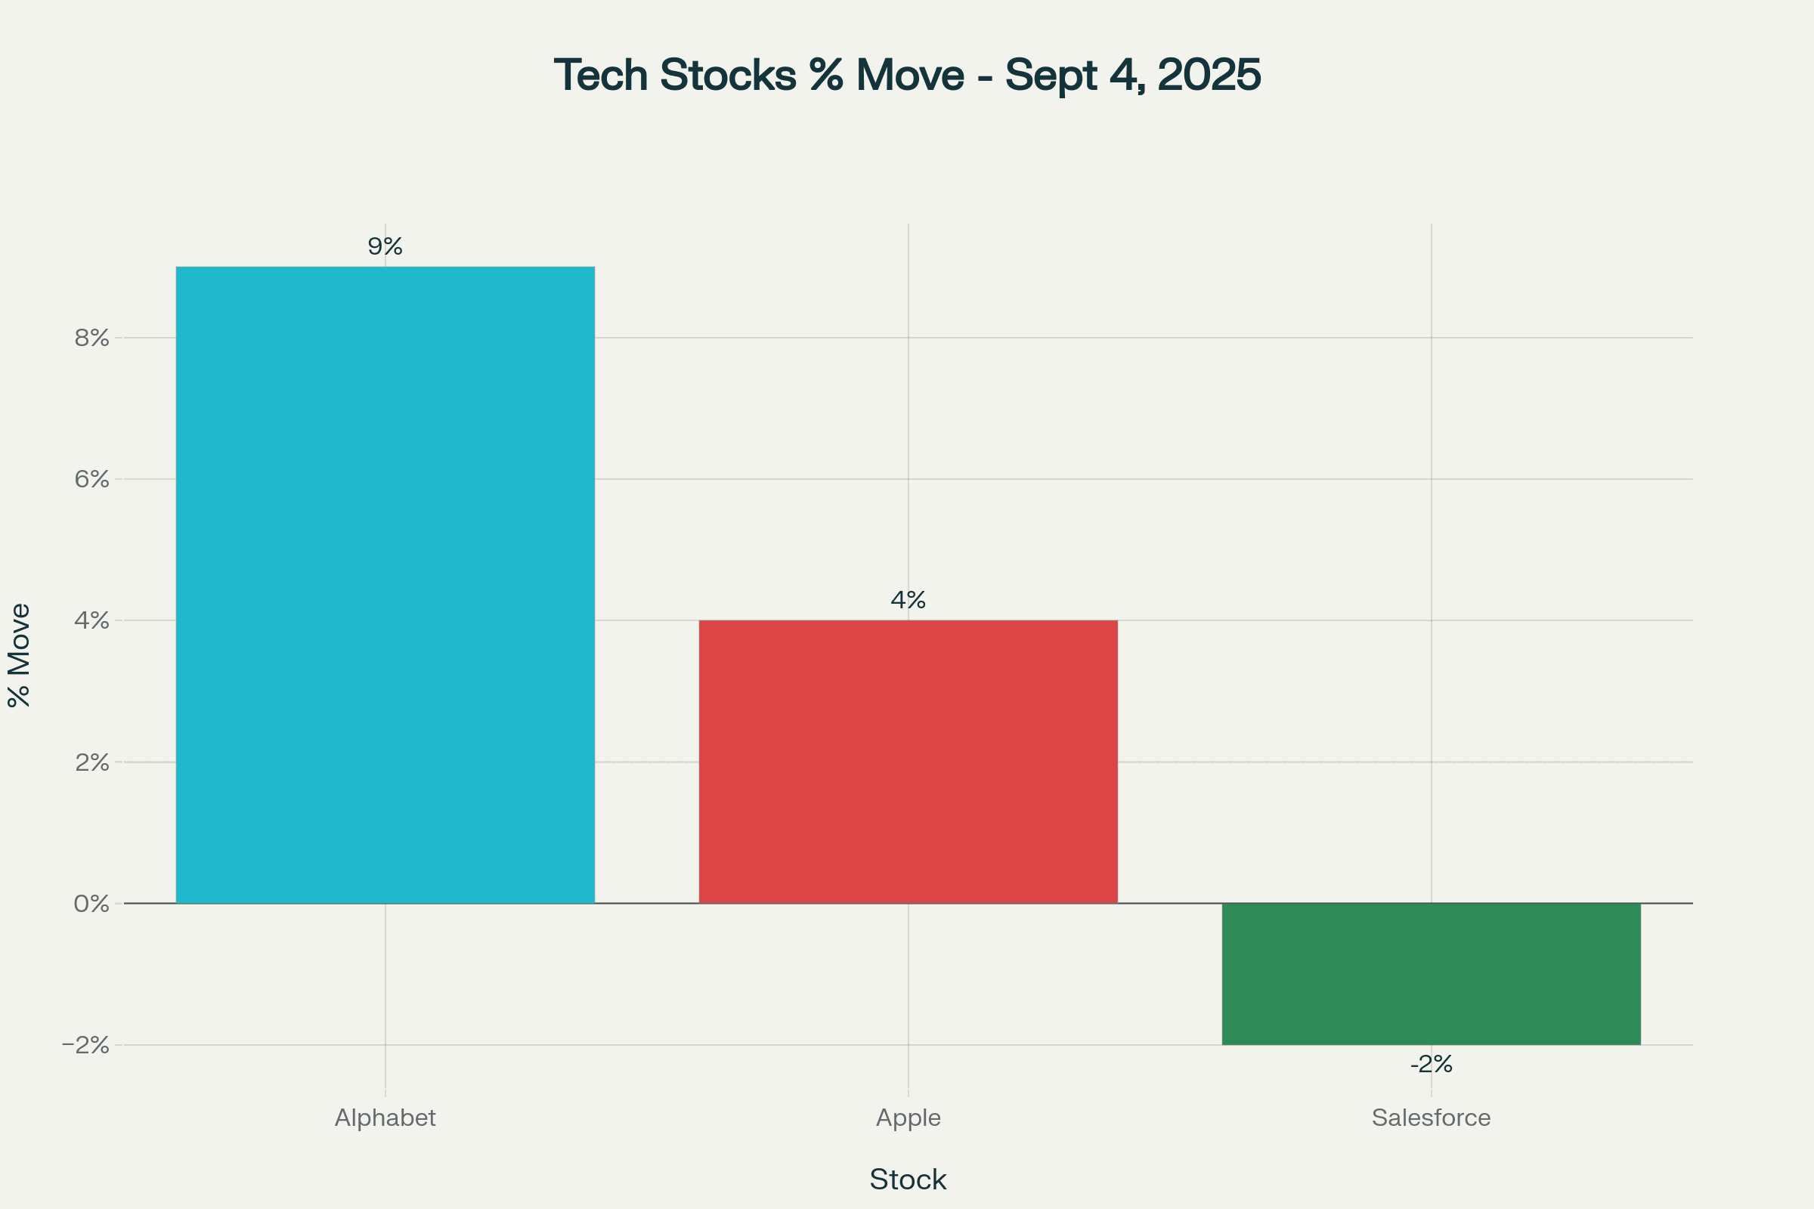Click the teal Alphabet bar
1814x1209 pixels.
pyautogui.click(x=385, y=584)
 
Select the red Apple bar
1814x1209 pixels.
pyautogui.click(x=908, y=762)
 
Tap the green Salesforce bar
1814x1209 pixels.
pyautogui.click(x=1431, y=974)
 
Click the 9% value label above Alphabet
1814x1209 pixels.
pyautogui.click(x=385, y=247)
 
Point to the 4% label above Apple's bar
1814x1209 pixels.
pyautogui.click(x=908, y=600)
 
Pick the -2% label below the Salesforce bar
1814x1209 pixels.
pyautogui.click(x=1432, y=1065)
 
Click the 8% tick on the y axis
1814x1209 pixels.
pyautogui.click(x=91, y=338)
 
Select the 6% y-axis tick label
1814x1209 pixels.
pyautogui.click(x=91, y=480)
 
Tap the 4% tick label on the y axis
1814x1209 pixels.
pyautogui.click(x=91, y=620)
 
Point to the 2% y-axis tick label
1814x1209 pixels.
pyautogui.click(x=91, y=762)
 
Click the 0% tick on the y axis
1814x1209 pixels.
pyautogui.click(x=91, y=904)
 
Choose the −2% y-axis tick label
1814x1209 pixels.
pyautogui.click(x=85, y=1046)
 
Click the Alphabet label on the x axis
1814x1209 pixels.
pyautogui.click(x=385, y=1118)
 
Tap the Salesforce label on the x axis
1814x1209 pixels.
pyautogui.click(x=1431, y=1118)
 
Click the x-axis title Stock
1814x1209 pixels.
pyautogui.click(x=908, y=1180)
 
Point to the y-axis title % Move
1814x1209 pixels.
pyautogui.click(x=18, y=655)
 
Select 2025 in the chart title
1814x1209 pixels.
pyautogui.click(x=1209, y=76)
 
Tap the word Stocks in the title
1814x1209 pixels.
pyautogui.click(x=728, y=76)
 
